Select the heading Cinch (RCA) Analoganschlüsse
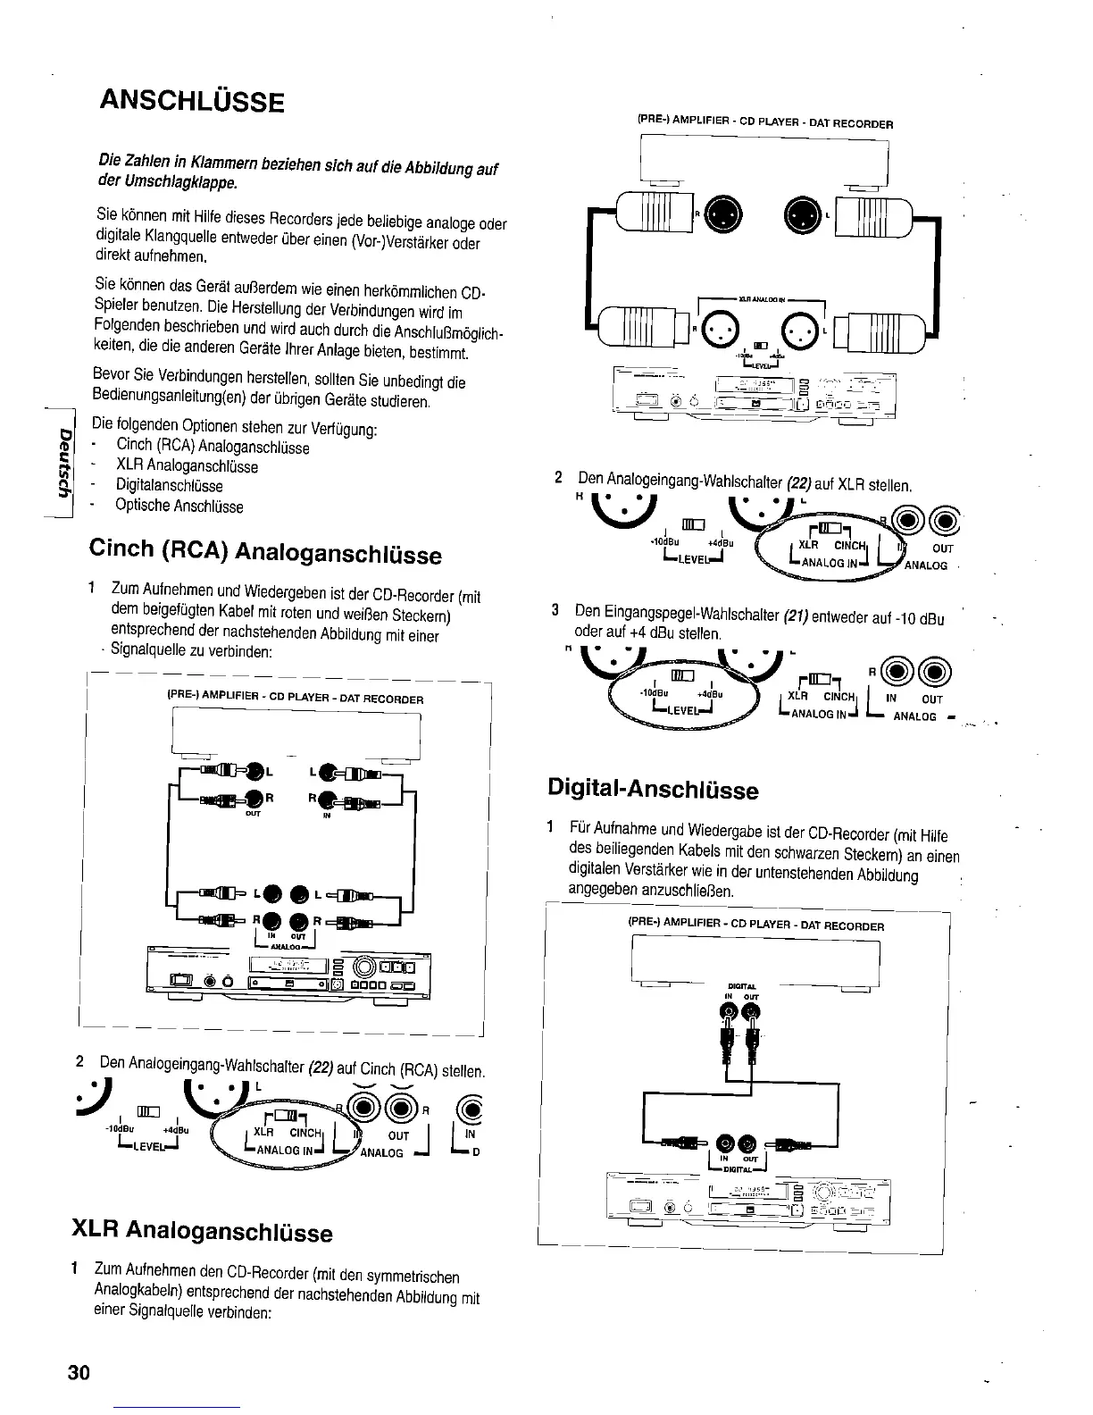pyautogui.click(x=265, y=551)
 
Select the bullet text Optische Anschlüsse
pyautogui.click(x=179, y=507)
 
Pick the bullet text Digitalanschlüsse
pyautogui.click(x=169, y=486)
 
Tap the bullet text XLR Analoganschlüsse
pyautogui.click(x=187, y=466)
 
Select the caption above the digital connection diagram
pyautogui.click(x=755, y=925)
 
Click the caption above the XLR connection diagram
pyautogui.click(x=765, y=123)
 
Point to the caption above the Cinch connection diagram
pyautogui.click(x=295, y=699)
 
